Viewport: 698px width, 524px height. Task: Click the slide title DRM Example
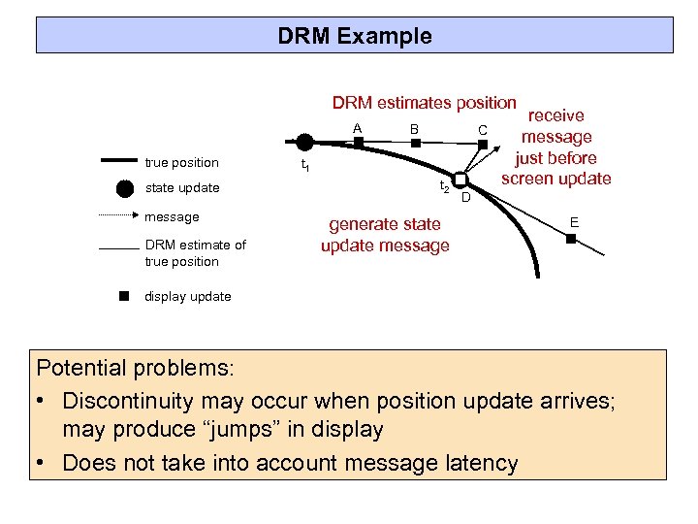point(354,37)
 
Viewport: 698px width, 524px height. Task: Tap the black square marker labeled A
point(358,142)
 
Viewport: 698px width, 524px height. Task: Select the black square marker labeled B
point(415,143)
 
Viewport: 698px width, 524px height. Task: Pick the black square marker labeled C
point(482,144)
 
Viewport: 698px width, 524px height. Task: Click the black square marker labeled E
point(572,238)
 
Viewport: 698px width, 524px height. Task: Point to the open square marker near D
point(461,182)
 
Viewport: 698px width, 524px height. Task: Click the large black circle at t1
point(304,143)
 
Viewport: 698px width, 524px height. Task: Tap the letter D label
point(465,199)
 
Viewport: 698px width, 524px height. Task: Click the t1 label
point(303,168)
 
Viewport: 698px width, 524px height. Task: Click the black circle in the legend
point(125,188)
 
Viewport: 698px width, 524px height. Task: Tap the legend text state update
point(182,187)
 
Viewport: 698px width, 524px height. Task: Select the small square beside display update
point(124,296)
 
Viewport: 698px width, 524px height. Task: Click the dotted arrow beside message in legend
point(119,214)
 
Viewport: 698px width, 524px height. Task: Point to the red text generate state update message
point(385,235)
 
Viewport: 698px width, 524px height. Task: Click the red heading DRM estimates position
point(424,103)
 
